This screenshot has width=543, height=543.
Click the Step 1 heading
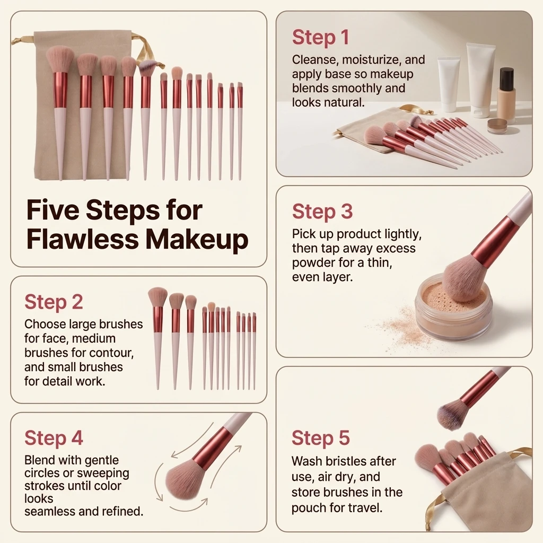coord(320,37)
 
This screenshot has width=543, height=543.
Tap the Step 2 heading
coord(54,302)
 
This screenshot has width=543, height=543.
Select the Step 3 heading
coord(322,211)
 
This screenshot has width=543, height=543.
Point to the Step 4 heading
coord(54,437)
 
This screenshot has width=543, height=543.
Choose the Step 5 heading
coord(321,437)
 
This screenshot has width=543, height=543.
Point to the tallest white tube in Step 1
coord(482,80)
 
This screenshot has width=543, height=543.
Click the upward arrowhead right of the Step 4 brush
coord(238,449)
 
